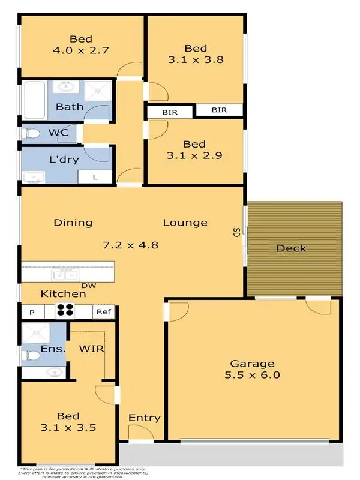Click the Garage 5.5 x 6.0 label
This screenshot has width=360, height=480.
click(253, 369)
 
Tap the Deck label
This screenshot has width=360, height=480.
click(292, 248)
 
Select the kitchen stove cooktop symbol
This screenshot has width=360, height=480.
click(65, 311)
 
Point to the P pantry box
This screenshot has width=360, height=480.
click(32, 311)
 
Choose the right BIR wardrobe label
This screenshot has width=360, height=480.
click(219, 110)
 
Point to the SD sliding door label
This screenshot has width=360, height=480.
click(237, 232)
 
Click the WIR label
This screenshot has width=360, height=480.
click(89, 348)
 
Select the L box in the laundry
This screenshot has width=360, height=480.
click(96, 176)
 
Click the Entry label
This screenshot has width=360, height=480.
click(145, 418)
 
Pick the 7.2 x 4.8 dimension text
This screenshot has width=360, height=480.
click(130, 244)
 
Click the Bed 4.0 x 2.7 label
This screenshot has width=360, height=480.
click(80, 43)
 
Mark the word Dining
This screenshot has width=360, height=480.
click(73, 223)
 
